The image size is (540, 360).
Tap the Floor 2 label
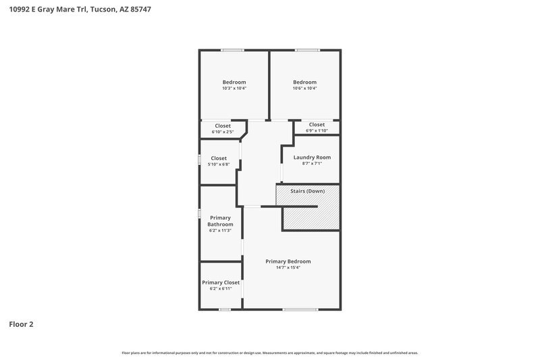click(x=21, y=324)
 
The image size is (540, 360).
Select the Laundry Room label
click(x=312, y=157)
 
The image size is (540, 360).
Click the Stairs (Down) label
click(x=307, y=191)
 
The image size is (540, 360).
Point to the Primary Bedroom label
click(x=288, y=261)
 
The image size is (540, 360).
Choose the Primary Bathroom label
click(x=220, y=221)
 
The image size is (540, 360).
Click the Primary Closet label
click(x=221, y=282)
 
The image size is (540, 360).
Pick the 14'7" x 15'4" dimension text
click(x=288, y=267)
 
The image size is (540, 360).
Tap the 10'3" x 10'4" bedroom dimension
click(x=234, y=88)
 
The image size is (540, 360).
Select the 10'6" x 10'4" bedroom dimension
click(x=304, y=88)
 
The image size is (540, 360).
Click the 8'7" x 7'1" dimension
click(x=312, y=163)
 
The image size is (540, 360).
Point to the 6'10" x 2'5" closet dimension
click(x=223, y=131)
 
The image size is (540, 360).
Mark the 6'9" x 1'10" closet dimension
click(x=317, y=130)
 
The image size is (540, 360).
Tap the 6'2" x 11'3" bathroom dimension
click(x=220, y=230)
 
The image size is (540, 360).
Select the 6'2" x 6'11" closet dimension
click(x=221, y=288)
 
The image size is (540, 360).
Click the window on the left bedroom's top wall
click(x=233, y=50)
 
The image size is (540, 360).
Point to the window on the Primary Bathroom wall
click(x=199, y=213)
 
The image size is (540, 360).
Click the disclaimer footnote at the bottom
click(x=269, y=353)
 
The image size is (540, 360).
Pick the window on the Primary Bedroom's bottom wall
click(x=300, y=309)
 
